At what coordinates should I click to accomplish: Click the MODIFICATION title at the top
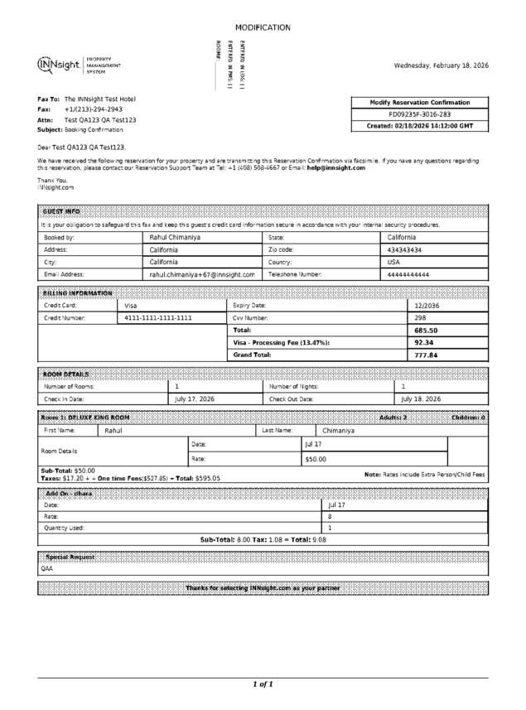pyautogui.click(x=263, y=27)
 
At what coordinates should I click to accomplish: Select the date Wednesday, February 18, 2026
pyautogui.click(x=441, y=65)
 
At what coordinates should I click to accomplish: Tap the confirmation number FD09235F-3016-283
pyautogui.click(x=420, y=114)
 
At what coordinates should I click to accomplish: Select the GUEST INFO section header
pyautogui.click(x=61, y=211)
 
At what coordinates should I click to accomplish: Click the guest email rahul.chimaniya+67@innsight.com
pyautogui.click(x=201, y=274)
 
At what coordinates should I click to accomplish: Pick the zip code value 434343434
pyautogui.click(x=404, y=249)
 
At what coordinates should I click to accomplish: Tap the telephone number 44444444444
pyautogui.click(x=408, y=274)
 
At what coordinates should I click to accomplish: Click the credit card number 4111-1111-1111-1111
pyautogui.click(x=157, y=317)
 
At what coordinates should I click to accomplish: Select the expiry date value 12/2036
pyautogui.click(x=428, y=305)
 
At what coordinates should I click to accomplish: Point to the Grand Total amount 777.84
pyautogui.click(x=426, y=355)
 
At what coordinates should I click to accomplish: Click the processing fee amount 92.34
pyautogui.click(x=424, y=342)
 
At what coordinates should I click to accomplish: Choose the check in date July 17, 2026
pyautogui.click(x=195, y=398)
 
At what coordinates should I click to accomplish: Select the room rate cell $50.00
pyautogui.click(x=316, y=458)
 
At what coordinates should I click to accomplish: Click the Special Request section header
pyautogui.click(x=70, y=557)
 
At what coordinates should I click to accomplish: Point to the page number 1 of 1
pyautogui.click(x=263, y=684)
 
